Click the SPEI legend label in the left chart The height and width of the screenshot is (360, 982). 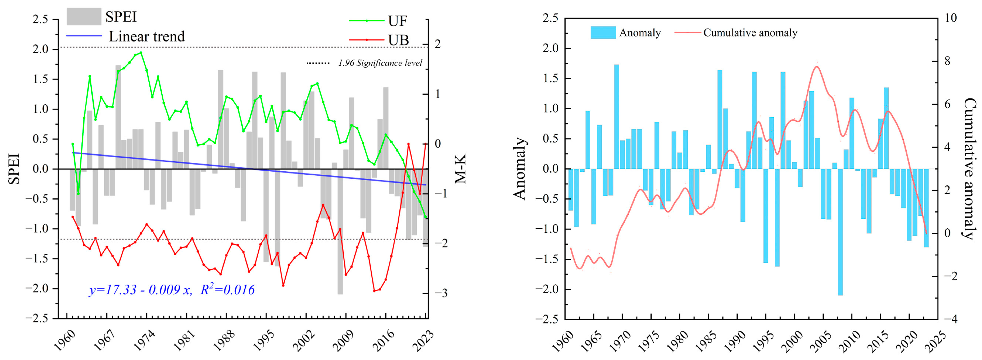121,17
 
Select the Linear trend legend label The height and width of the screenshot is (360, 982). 147,37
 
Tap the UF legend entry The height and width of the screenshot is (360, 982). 398,21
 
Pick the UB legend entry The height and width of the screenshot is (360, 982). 398,40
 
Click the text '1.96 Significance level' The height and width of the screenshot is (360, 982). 380,63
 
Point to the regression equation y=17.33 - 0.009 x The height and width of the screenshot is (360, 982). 140,290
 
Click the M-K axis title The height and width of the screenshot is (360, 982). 460,169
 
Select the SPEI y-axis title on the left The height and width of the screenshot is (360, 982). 14,169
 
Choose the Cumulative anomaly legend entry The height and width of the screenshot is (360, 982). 750,33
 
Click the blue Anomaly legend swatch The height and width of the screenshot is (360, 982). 603,33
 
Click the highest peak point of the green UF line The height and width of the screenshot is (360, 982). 141,53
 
